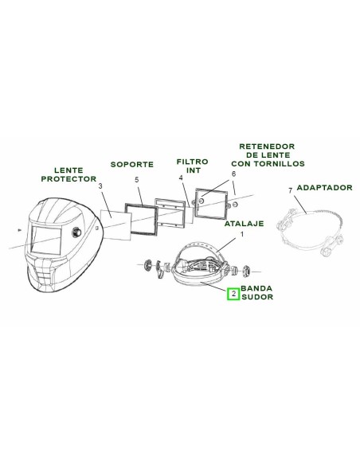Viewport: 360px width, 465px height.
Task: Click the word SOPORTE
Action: [x=132, y=164]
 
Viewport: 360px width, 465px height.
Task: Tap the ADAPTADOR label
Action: [x=324, y=187]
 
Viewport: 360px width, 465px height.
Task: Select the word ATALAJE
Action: [x=244, y=223]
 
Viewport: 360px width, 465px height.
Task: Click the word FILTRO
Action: [x=193, y=162]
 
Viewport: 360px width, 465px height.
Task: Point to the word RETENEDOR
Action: [x=267, y=147]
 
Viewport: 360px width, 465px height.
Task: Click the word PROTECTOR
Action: [x=68, y=179]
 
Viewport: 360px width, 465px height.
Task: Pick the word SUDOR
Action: [x=257, y=297]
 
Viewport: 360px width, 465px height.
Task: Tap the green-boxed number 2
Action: [x=233, y=294]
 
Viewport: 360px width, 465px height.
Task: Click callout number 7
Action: [x=291, y=190]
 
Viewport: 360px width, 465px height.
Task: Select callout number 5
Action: [x=137, y=180]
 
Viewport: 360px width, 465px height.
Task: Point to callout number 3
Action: [x=100, y=186]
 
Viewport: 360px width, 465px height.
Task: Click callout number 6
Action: [x=233, y=174]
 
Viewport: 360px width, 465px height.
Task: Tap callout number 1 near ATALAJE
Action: [x=241, y=234]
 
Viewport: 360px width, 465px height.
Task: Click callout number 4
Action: [x=181, y=178]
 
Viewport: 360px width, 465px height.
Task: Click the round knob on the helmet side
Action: [x=76, y=232]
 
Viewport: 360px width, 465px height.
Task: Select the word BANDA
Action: [x=256, y=288]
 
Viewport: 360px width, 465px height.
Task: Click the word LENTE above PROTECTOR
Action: [x=68, y=170]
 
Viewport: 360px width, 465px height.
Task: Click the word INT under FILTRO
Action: [x=194, y=170]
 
